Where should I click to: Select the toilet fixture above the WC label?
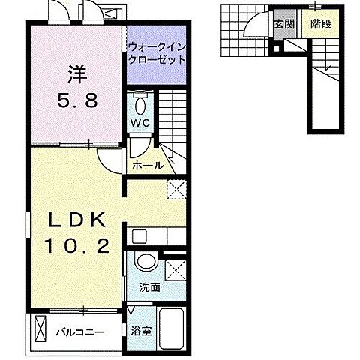(139, 100)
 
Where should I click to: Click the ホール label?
(147, 165)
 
